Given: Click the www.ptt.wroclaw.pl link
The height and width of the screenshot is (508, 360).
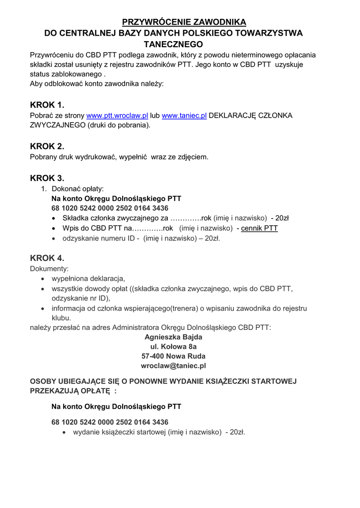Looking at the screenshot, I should point(117,116).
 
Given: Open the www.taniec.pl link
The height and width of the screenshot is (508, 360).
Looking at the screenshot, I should point(184,116).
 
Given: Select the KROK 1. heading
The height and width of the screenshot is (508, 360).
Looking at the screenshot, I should point(47,105).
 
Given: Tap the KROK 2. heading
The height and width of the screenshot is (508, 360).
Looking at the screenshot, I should point(47,146).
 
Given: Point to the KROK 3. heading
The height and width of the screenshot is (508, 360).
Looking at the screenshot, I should point(47,178).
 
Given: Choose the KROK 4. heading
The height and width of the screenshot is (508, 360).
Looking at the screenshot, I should point(47,258).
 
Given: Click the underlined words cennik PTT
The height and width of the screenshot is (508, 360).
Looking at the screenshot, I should point(259,228).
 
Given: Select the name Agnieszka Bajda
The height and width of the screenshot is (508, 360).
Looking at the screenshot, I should point(173,337).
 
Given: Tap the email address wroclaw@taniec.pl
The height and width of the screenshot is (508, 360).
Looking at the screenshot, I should point(173,366).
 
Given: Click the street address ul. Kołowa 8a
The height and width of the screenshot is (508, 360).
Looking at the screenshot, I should point(173,346).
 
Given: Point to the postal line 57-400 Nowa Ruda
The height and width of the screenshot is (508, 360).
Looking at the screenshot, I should point(173,356).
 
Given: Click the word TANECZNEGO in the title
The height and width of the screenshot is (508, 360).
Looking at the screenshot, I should point(173,44).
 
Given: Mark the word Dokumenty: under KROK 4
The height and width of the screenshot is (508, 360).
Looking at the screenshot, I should point(49,268).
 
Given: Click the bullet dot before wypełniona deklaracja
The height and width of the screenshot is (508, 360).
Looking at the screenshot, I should point(44,279).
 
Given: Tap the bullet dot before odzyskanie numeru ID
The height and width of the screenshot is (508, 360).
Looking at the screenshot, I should point(54,239).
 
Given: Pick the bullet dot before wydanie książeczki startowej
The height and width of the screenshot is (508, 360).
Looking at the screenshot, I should point(65,433).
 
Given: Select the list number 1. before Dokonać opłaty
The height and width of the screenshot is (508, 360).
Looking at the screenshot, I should point(44,189).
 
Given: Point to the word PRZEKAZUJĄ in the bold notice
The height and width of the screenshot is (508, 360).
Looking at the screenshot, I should point(53,391).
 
